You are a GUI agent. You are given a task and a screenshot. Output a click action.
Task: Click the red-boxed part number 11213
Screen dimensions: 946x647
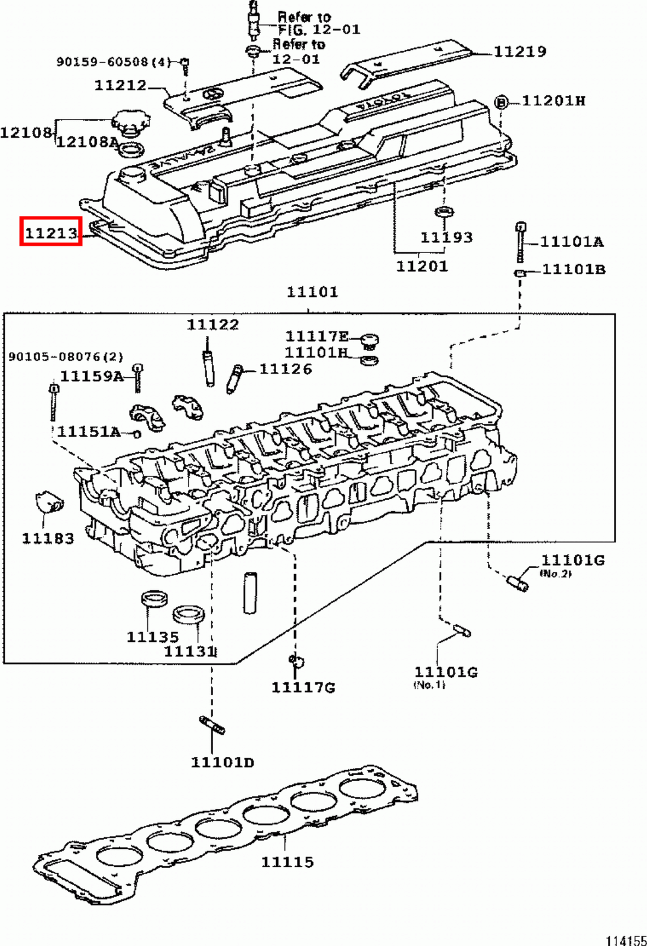pyautogui.click(x=51, y=232)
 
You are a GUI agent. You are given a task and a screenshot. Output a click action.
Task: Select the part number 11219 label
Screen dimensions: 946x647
pyautogui.click(x=519, y=52)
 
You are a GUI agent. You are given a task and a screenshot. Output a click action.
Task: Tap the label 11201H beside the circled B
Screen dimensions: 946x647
pyautogui.click(x=553, y=101)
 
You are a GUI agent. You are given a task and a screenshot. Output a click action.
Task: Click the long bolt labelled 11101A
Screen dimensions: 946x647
pyautogui.click(x=521, y=242)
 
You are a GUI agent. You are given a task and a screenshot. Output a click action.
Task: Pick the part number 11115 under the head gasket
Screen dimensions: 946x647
pyautogui.click(x=287, y=861)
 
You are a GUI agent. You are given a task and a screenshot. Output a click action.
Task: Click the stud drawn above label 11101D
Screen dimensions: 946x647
pyautogui.click(x=212, y=724)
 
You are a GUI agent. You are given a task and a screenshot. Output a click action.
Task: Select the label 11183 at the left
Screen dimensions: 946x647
pyautogui.click(x=48, y=538)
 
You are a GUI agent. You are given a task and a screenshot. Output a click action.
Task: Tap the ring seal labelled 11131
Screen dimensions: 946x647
pyautogui.click(x=189, y=615)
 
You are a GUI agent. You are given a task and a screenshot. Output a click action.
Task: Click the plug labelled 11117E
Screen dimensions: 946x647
pyautogui.click(x=370, y=341)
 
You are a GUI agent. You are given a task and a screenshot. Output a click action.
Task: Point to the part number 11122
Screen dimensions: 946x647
pyautogui.click(x=213, y=325)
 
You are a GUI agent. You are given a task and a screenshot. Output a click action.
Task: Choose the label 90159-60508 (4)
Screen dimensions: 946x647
pyautogui.click(x=113, y=61)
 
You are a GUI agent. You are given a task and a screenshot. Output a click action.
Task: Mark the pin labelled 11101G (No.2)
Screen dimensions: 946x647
pyautogui.click(x=518, y=582)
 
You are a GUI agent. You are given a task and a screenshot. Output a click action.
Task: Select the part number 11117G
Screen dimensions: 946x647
pyautogui.click(x=303, y=687)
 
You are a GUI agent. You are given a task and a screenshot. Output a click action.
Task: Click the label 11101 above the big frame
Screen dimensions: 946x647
pyautogui.click(x=312, y=291)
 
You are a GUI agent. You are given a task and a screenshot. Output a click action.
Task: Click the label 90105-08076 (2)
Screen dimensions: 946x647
pyautogui.click(x=66, y=357)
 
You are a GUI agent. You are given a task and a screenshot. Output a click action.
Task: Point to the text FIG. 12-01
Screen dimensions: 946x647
pyautogui.click(x=319, y=30)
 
